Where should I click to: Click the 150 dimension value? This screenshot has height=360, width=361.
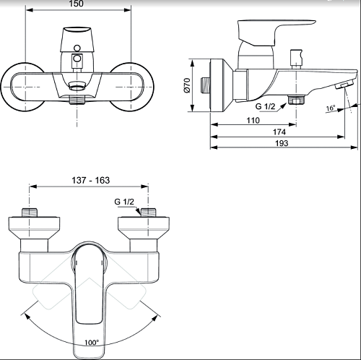(76, 4)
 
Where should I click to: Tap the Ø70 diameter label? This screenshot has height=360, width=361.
(187, 85)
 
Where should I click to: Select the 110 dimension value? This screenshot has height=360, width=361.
(253, 120)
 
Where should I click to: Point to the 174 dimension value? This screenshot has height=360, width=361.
(279, 132)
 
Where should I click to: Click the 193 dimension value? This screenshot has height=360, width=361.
(282, 143)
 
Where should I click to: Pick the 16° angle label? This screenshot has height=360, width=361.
(331, 108)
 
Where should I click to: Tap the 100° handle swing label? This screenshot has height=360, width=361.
(92, 343)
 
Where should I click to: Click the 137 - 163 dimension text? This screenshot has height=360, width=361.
(91, 180)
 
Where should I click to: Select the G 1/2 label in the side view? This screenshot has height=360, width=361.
(265, 106)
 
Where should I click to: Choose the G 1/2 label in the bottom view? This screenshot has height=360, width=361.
(124, 202)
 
